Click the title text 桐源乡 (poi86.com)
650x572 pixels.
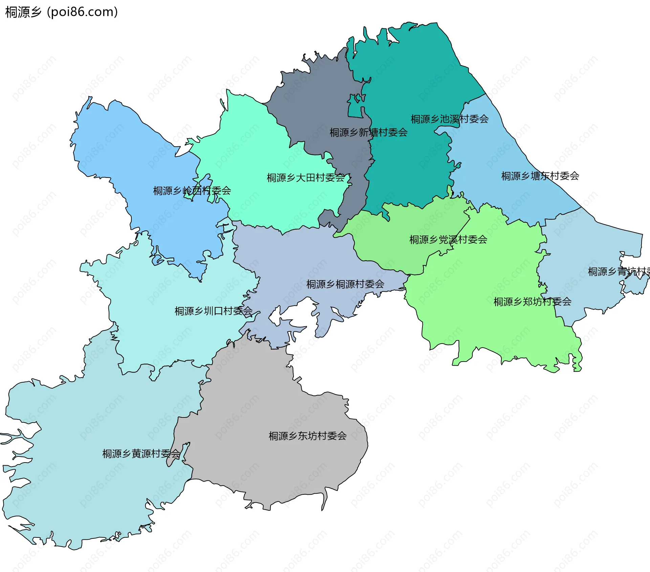coord(62,12)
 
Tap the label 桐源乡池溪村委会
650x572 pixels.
coord(449,119)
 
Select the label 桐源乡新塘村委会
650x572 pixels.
coord(368,132)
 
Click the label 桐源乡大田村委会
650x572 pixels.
coord(305,178)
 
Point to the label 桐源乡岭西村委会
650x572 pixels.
coord(192,191)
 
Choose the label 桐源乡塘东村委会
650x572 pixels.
coord(540,176)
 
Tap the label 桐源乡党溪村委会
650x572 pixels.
coord(448,240)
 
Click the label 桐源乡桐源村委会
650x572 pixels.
coord(345,284)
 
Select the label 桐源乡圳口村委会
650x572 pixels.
coord(213,311)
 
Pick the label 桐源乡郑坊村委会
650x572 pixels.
coord(532,302)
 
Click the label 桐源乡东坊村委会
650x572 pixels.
coord(307,436)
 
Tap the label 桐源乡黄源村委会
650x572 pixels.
coord(141,454)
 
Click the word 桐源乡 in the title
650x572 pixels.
coord(23,12)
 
